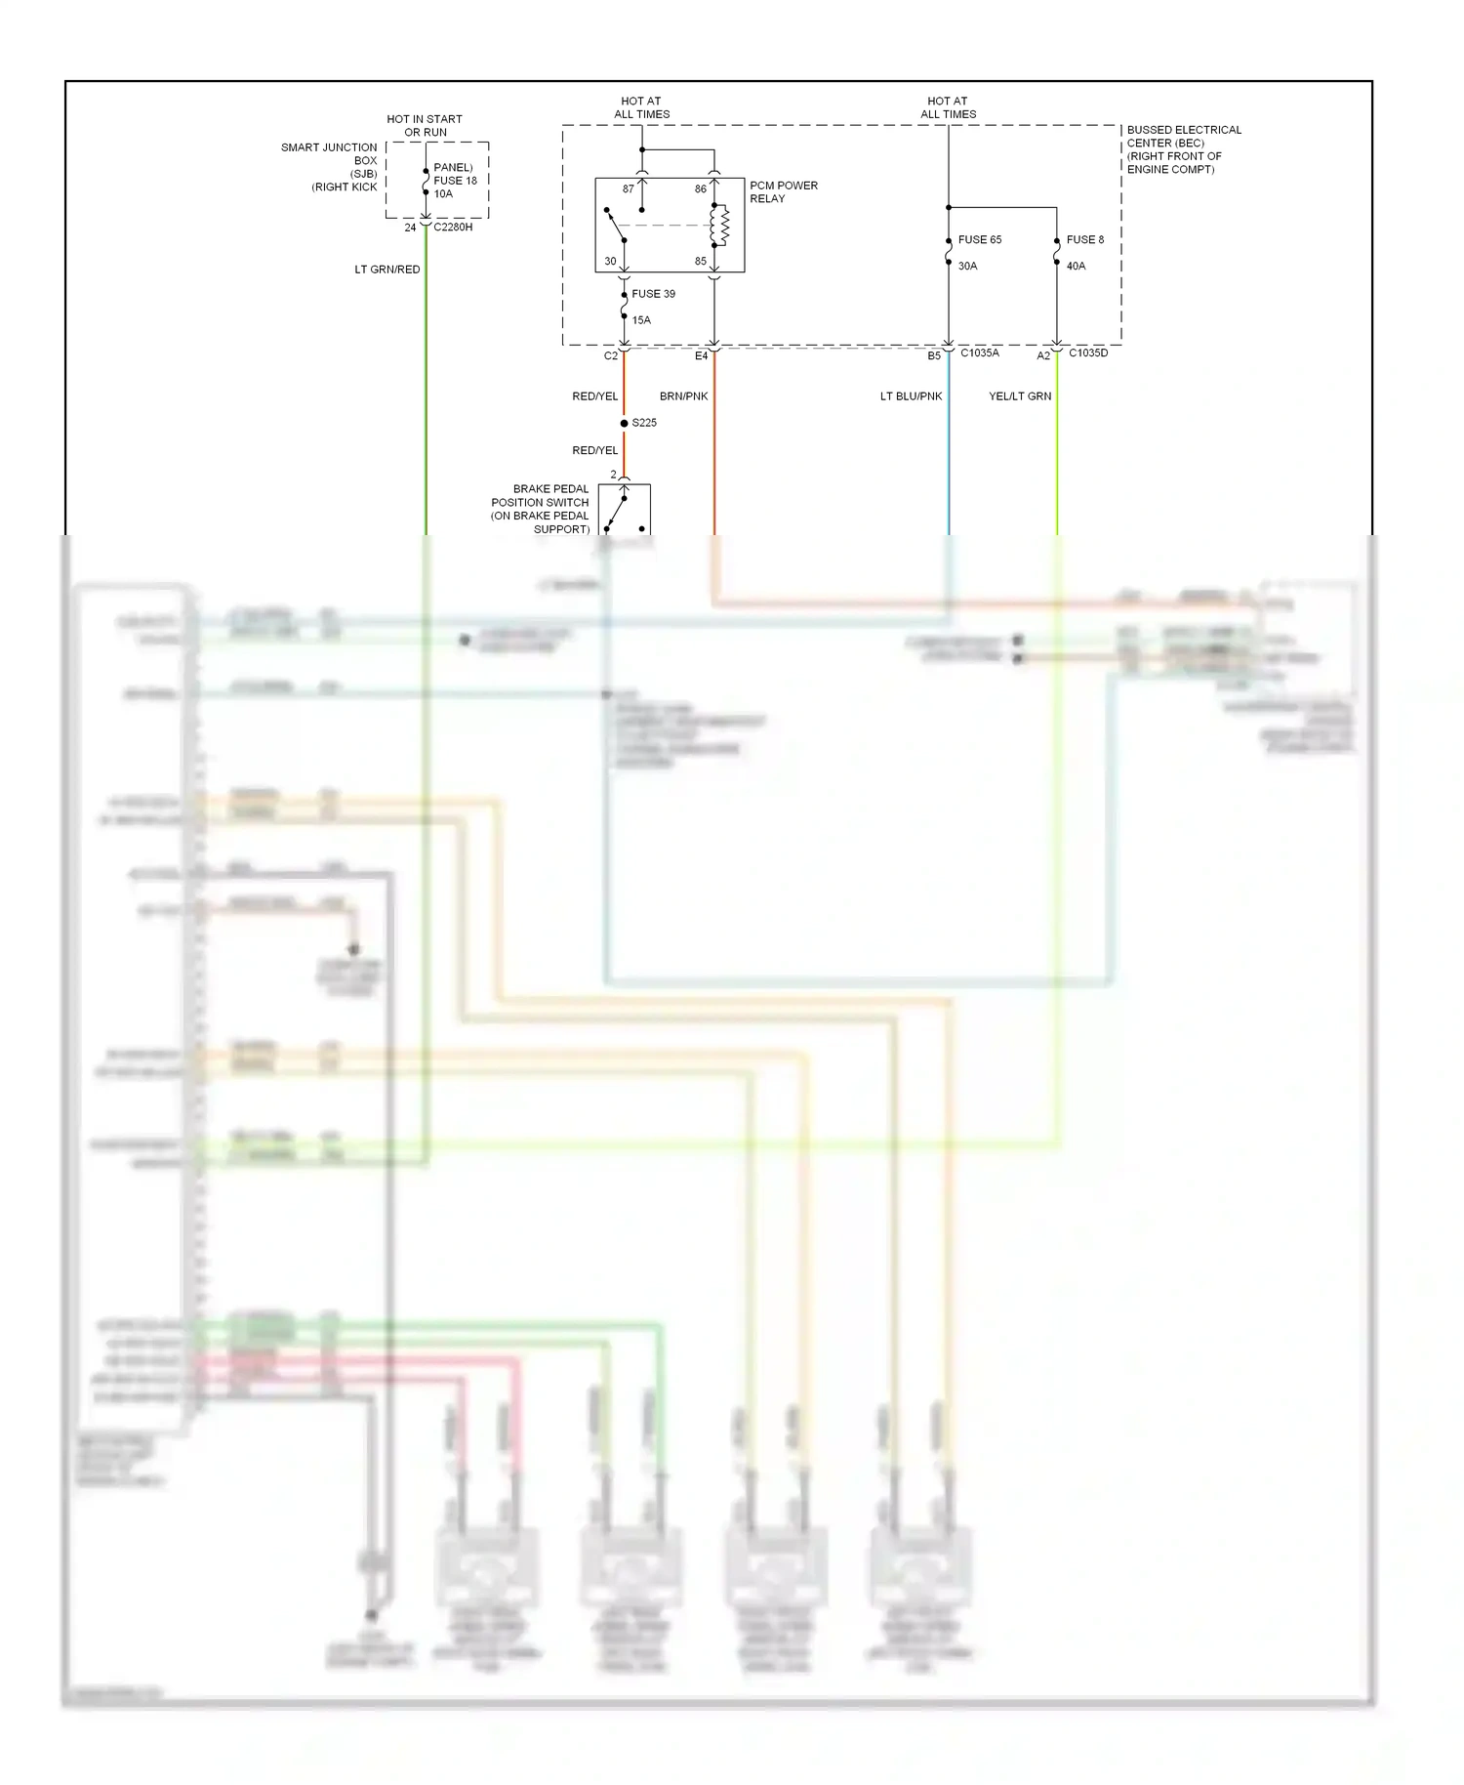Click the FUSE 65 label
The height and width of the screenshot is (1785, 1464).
click(979, 239)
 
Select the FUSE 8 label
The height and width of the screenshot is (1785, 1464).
click(1084, 239)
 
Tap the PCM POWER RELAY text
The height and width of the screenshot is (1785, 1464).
click(783, 191)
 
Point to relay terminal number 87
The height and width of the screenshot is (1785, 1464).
click(629, 189)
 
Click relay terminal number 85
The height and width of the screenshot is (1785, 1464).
click(701, 261)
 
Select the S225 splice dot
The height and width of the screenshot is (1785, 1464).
click(625, 423)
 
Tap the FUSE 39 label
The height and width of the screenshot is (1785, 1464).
click(653, 293)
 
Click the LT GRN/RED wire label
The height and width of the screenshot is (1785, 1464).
click(387, 270)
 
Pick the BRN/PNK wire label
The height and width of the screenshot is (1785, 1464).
click(683, 396)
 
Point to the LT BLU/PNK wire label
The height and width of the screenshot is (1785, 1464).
click(911, 396)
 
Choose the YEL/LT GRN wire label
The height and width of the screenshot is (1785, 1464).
click(1020, 396)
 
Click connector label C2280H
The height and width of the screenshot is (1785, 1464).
click(453, 228)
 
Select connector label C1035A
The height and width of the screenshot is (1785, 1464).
click(979, 353)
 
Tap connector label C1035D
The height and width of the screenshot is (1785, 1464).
click(1088, 353)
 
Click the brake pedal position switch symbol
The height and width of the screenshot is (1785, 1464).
click(624, 510)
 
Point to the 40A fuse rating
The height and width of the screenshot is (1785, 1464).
click(1076, 266)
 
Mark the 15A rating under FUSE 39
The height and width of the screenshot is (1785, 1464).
click(641, 319)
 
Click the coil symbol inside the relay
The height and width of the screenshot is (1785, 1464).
click(722, 226)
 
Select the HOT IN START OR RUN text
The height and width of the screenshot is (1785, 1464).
click(425, 125)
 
